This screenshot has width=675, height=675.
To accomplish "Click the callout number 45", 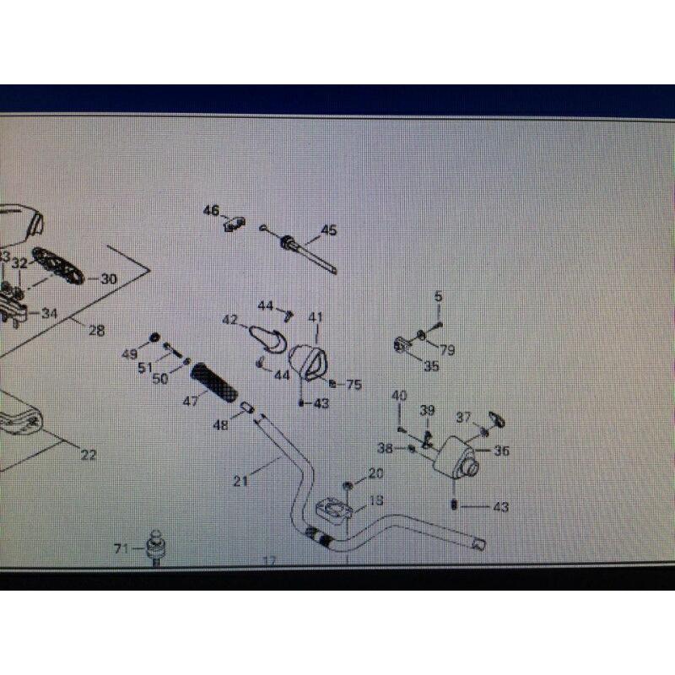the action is (x=329, y=229).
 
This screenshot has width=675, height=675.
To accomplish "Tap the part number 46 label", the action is (x=209, y=211).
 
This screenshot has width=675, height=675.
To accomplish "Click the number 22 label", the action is (x=89, y=455).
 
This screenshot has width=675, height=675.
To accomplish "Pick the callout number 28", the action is (x=96, y=331).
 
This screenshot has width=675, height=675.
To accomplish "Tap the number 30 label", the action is (x=110, y=279).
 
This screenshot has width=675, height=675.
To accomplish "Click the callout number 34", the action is (x=50, y=314).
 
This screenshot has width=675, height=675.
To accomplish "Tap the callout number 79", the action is (x=446, y=350).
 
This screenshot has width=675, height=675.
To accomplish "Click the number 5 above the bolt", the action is (x=439, y=296).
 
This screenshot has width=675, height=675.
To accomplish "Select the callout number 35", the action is (x=431, y=366).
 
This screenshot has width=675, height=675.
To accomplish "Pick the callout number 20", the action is (x=375, y=473).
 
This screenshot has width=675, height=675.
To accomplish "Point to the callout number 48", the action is (x=220, y=426).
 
